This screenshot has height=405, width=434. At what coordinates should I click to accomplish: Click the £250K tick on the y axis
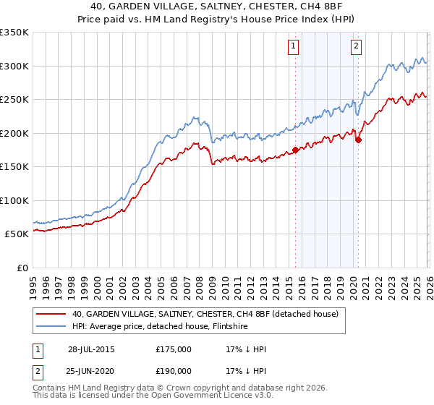coord(14,99)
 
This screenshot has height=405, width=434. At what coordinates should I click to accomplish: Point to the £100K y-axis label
coord(14,200)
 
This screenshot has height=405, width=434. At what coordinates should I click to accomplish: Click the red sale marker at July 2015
coord(295,150)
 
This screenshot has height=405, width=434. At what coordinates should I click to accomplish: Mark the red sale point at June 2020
coord(358,140)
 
